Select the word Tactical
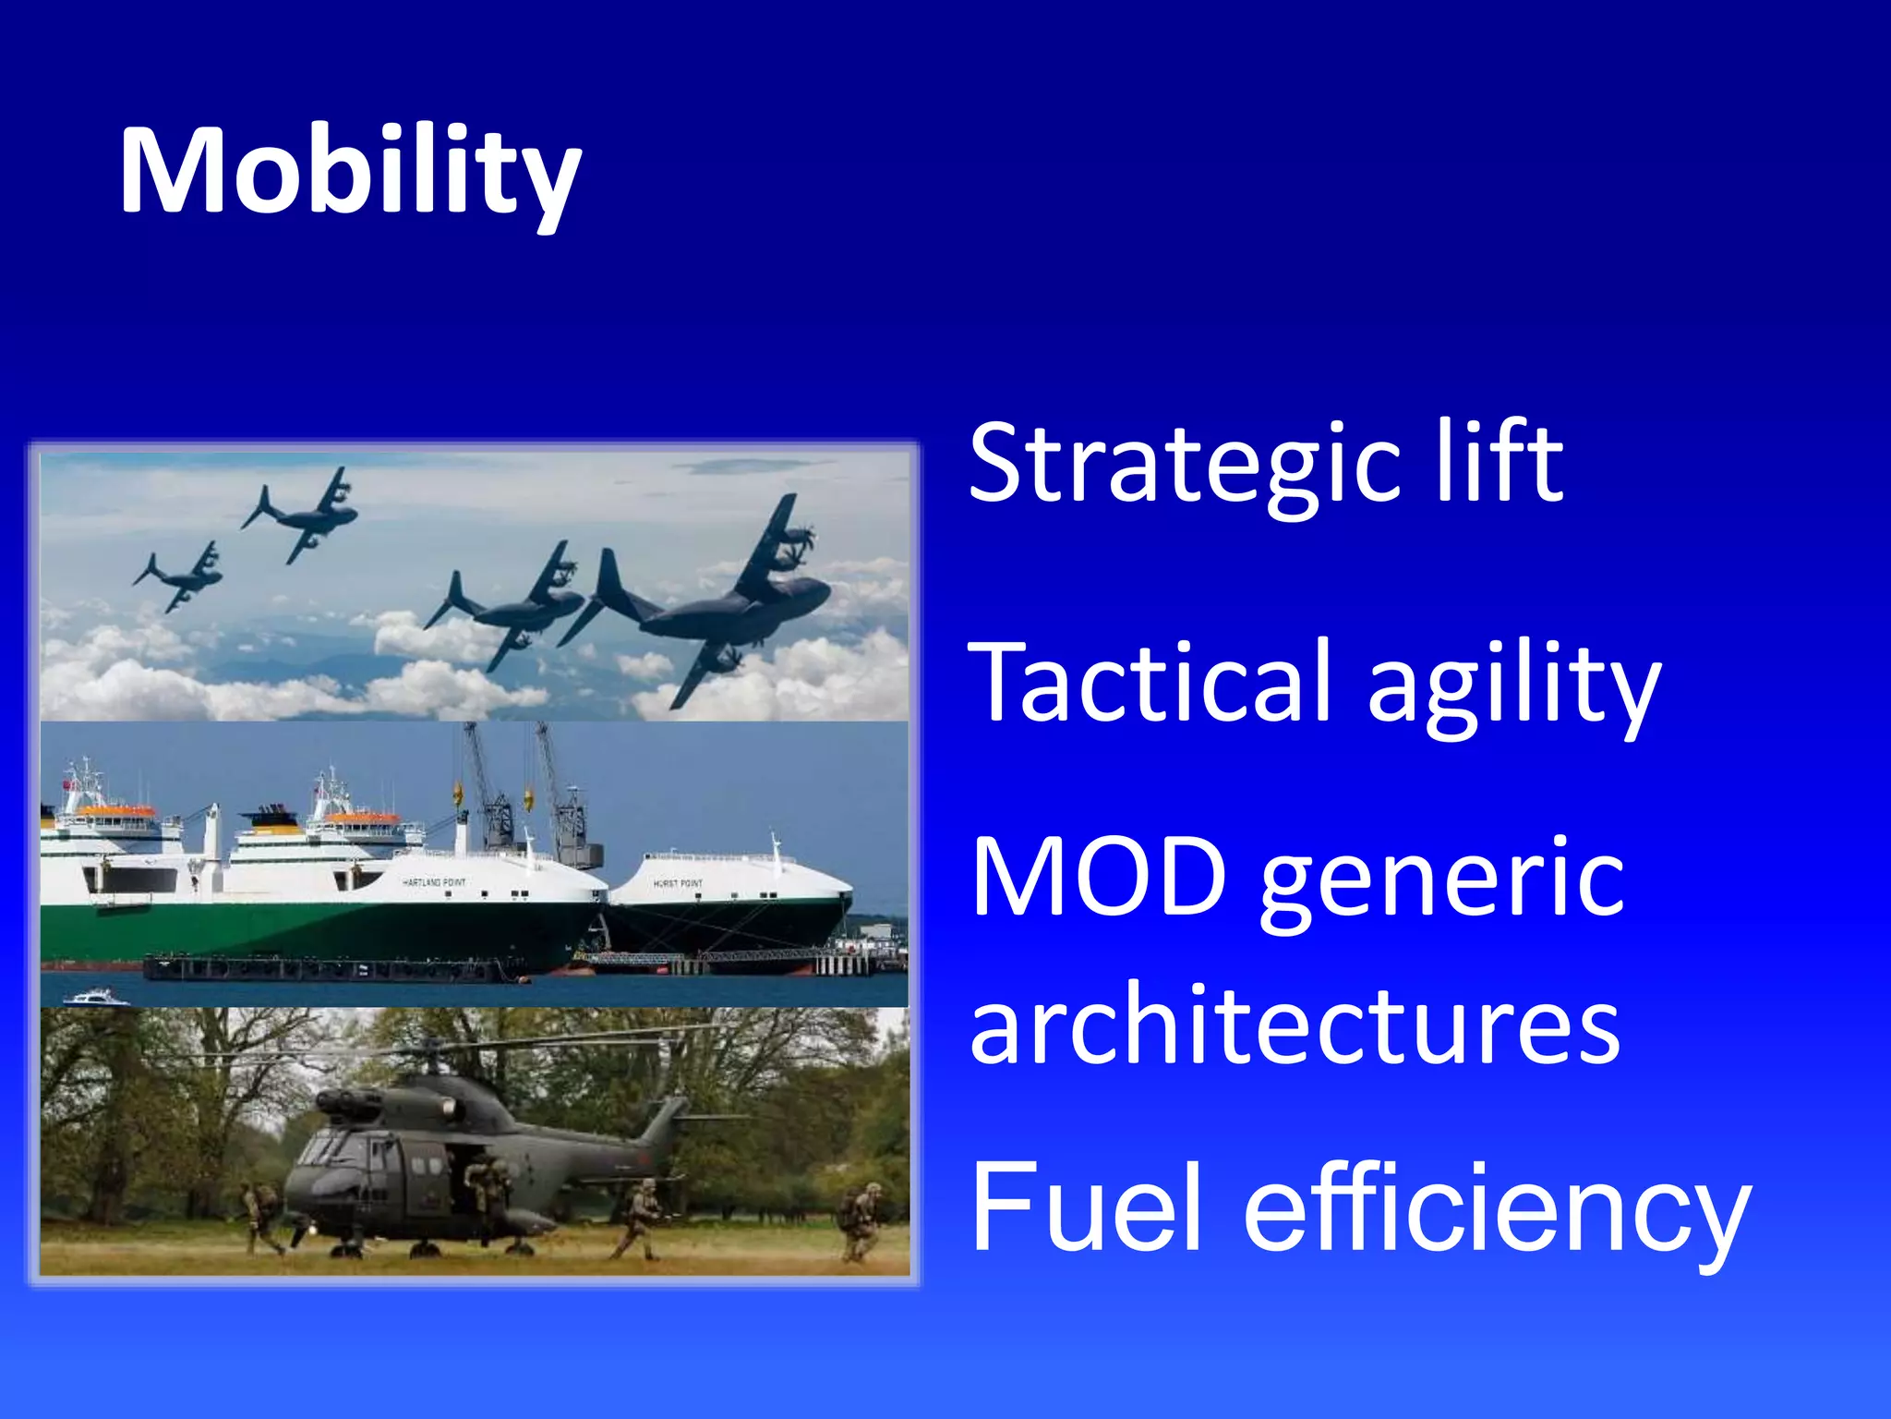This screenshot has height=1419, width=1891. [1149, 684]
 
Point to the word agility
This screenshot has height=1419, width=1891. [1513, 688]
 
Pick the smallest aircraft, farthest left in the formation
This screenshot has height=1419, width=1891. [181, 577]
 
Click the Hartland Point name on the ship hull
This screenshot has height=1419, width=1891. [434, 883]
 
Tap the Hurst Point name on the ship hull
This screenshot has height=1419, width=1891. [678, 884]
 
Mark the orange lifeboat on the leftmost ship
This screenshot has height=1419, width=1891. [114, 811]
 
